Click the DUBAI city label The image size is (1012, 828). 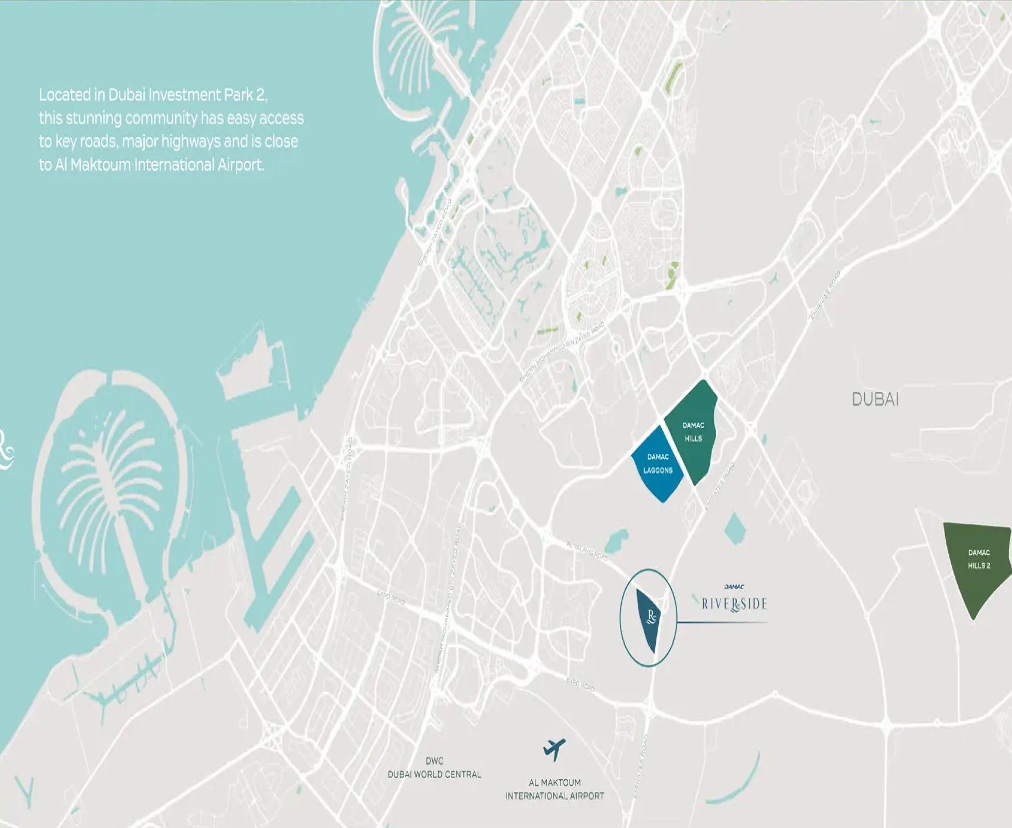(x=875, y=399)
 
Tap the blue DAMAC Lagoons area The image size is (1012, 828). (x=657, y=464)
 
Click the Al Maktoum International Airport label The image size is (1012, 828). (x=555, y=789)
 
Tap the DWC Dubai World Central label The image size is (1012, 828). (x=434, y=768)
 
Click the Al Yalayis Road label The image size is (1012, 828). (x=587, y=551)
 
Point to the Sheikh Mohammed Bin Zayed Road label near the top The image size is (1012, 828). (x=562, y=352)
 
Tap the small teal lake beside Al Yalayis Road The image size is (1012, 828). (x=615, y=540)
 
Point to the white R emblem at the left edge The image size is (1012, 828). (x=6, y=449)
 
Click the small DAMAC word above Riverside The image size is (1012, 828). (x=734, y=587)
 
